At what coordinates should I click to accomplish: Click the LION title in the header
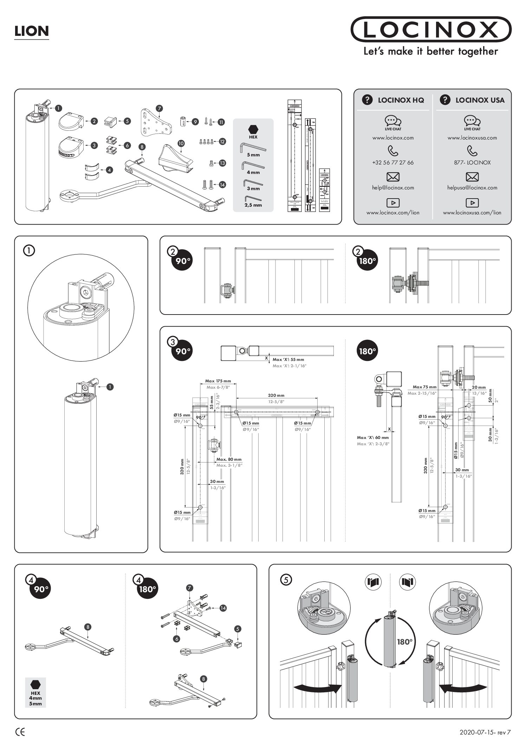point(31,32)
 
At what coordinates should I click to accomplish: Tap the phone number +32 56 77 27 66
point(393,163)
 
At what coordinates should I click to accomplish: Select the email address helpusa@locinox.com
point(472,188)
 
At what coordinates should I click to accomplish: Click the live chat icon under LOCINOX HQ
point(393,121)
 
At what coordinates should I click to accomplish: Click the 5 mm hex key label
point(253,155)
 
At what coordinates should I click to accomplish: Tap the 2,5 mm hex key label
point(253,205)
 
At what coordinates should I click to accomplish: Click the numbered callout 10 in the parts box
point(181,143)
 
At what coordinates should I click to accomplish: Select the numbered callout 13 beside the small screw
point(222,163)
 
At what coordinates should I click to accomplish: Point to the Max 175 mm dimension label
point(218,381)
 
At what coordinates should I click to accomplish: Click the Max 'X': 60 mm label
point(373,438)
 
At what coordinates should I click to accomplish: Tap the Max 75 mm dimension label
point(424,387)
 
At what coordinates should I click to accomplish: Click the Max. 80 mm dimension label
point(229,459)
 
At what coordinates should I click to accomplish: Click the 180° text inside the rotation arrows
point(404,642)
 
